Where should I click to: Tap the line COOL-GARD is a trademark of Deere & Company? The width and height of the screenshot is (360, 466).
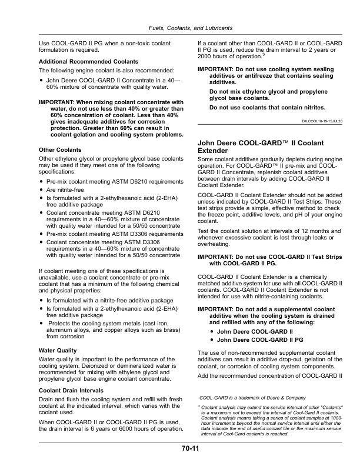tap(253, 398)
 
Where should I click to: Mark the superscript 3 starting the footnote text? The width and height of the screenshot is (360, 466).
tap(199, 405)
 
